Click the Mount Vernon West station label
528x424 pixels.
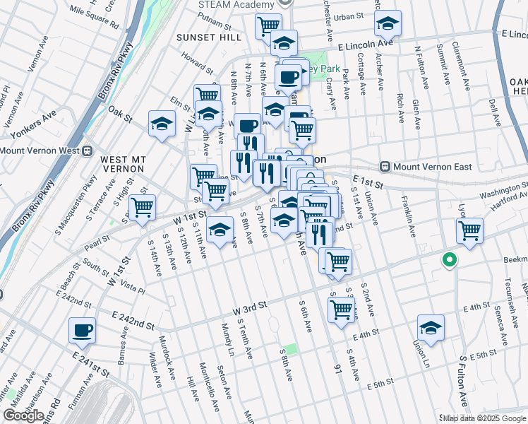(41, 151)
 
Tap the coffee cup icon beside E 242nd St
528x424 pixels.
(83, 330)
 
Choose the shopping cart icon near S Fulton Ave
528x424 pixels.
(469, 229)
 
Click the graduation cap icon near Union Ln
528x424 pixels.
(431, 327)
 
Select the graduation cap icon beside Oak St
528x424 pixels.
(162, 124)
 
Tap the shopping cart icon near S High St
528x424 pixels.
(143, 207)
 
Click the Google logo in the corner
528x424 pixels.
(23, 416)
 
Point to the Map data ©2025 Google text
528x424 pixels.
(484, 418)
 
